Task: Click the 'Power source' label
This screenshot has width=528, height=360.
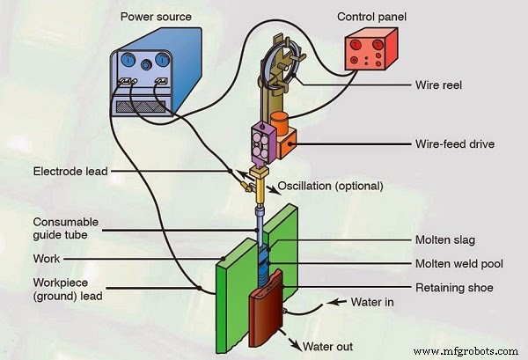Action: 158,18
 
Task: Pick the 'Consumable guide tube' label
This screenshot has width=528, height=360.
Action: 65,229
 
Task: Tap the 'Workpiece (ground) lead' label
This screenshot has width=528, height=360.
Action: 68,290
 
